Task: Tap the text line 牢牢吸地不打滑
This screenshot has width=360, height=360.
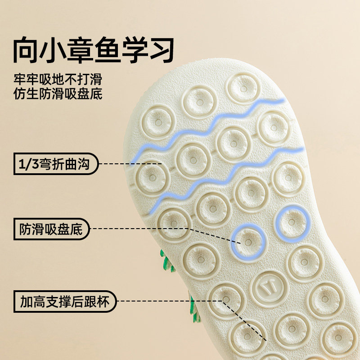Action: (58, 80)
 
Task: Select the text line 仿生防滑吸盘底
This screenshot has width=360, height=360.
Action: (58, 94)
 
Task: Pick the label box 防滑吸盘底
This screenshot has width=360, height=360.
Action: (51, 229)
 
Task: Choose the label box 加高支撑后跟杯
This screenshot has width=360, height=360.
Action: (65, 301)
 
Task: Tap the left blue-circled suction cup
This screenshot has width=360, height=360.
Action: (248, 242)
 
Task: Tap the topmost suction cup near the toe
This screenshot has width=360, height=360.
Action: (243, 88)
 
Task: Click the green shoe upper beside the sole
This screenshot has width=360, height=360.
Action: (168, 263)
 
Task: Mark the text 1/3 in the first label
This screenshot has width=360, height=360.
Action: (27, 164)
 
